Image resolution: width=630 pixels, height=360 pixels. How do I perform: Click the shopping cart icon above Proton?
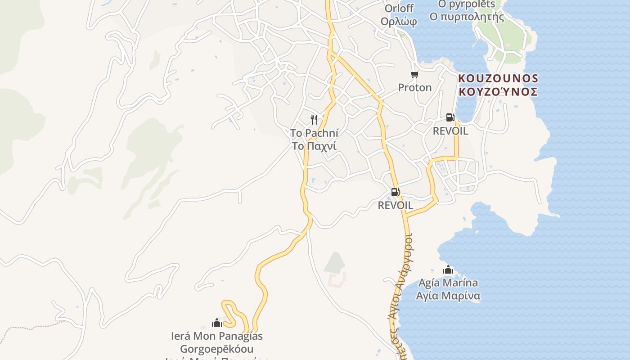(x=414, y=74)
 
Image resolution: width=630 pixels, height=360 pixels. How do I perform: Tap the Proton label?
(x=414, y=87)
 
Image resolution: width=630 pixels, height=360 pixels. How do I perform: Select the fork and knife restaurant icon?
(x=314, y=120)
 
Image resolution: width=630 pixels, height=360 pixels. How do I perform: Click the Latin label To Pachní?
(x=314, y=133)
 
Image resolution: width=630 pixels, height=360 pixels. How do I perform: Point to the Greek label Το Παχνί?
(x=314, y=146)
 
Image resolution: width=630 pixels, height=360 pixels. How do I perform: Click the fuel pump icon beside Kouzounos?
(x=450, y=117)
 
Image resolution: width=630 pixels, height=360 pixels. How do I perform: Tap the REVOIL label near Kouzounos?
(x=450, y=131)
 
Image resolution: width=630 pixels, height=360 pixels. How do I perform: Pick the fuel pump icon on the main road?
(x=395, y=192)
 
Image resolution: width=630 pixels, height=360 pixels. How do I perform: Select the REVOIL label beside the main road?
(x=395, y=205)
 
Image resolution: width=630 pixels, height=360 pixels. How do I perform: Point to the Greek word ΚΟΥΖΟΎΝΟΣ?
(x=498, y=92)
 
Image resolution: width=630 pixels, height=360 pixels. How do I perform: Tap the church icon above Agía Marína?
(x=448, y=270)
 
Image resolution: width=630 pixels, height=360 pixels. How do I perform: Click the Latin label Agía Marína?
(x=448, y=283)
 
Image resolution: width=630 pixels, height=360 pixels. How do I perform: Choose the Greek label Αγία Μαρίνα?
(x=448, y=296)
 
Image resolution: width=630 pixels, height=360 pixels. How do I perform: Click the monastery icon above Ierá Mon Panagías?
(x=217, y=323)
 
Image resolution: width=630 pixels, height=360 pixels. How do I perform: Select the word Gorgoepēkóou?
(x=217, y=349)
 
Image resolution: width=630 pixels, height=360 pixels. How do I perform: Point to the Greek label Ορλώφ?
(x=398, y=22)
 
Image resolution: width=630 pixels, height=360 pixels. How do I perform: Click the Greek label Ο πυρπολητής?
(x=467, y=17)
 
